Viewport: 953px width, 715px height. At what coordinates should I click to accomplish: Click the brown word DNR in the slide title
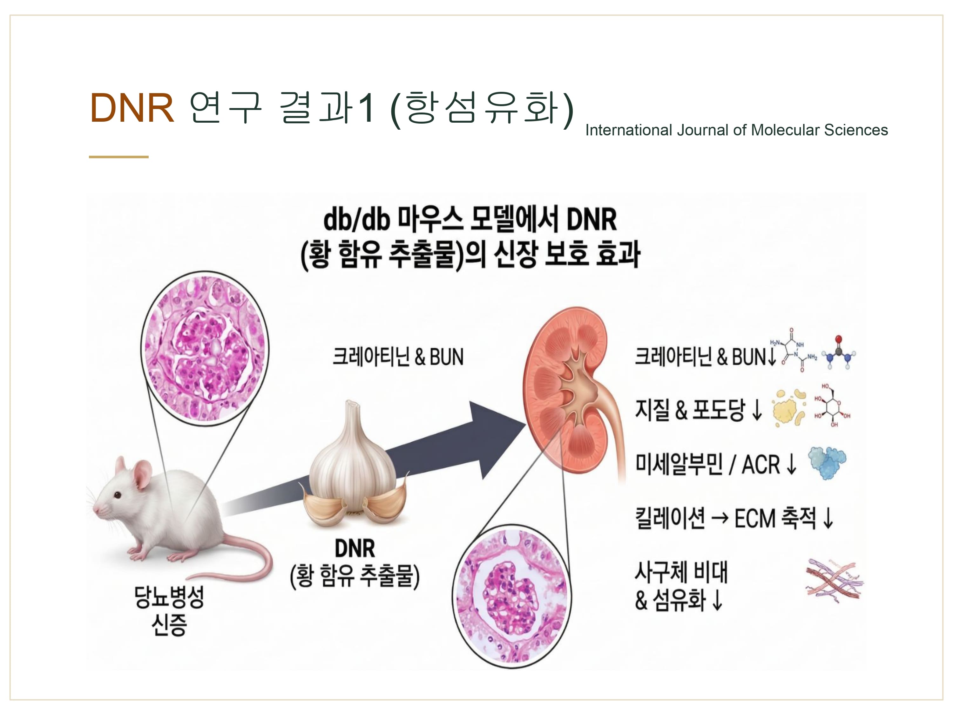pyautogui.click(x=132, y=108)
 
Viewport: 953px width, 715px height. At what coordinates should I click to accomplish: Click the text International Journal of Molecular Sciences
pyautogui.click(x=736, y=130)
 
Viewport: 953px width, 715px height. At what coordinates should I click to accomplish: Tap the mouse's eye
pyautogui.click(x=117, y=495)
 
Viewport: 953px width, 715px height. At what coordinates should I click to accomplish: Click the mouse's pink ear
pyautogui.click(x=142, y=474)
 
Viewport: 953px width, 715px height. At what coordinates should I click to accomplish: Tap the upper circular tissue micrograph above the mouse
pyautogui.click(x=205, y=348)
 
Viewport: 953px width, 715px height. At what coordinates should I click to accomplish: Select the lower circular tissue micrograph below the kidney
pyautogui.click(x=512, y=596)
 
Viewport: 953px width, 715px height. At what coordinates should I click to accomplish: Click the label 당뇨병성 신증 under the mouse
pyautogui.click(x=169, y=611)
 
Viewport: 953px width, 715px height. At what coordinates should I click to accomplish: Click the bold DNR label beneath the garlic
pyautogui.click(x=355, y=548)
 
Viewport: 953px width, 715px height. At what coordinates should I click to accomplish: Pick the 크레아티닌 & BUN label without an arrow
pyautogui.click(x=398, y=357)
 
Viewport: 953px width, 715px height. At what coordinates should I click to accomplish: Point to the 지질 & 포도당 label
pyautogui.click(x=690, y=409)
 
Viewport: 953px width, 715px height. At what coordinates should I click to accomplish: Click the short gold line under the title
pyautogui.click(x=119, y=157)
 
